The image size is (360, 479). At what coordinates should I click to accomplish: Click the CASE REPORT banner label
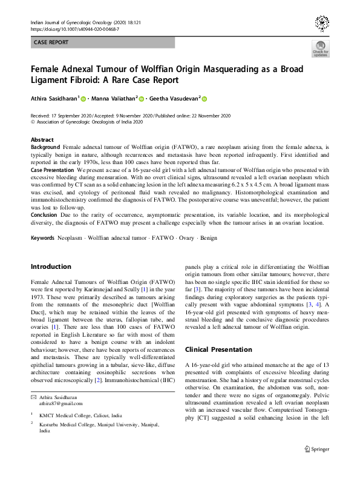(51, 42)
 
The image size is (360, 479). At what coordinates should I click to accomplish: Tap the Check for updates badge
(320, 48)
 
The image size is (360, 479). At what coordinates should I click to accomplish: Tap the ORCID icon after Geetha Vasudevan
(205, 99)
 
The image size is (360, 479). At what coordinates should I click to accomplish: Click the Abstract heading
(42, 139)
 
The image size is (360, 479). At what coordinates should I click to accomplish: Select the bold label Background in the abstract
(45, 147)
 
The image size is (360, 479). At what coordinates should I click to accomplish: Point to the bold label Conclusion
(44, 214)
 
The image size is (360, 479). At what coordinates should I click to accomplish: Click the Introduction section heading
(51, 266)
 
